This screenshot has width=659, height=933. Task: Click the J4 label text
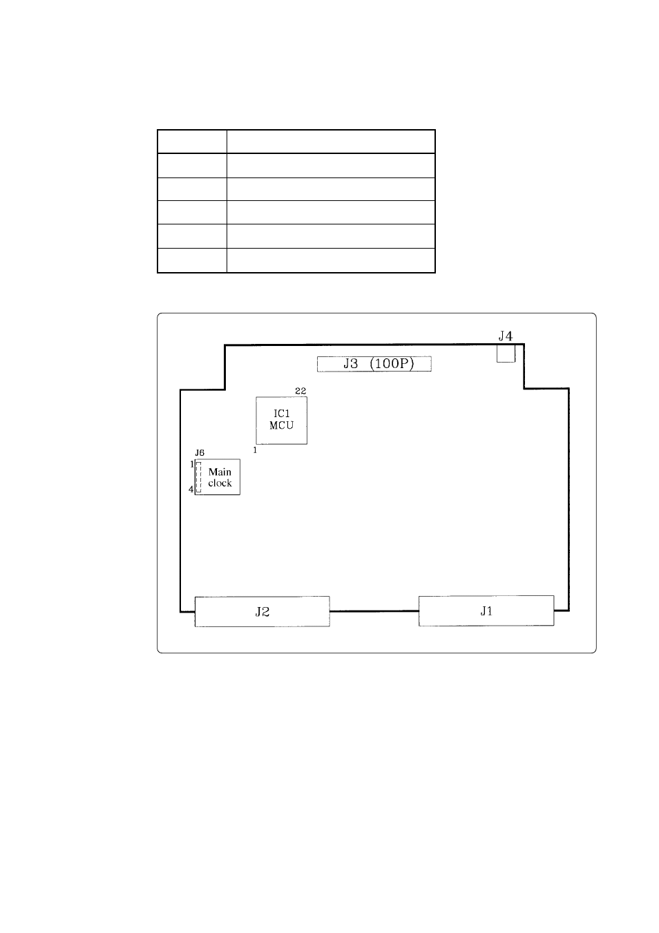(x=505, y=336)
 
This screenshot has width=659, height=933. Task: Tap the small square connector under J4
(x=506, y=353)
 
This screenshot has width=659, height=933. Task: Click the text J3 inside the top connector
(x=350, y=364)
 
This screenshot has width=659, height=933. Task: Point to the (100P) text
(x=392, y=364)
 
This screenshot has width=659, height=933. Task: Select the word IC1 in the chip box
(x=282, y=414)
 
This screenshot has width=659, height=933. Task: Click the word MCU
(x=282, y=425)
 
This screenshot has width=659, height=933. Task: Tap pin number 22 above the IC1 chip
(x=300, y=391)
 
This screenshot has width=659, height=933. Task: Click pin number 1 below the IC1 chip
(x=255, y=450)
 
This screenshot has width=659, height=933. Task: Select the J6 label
(x=200, y=453)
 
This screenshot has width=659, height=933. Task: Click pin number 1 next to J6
(x=192, y=464)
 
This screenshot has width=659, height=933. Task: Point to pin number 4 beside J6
(x=191, y=490)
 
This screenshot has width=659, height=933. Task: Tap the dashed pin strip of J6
(x=199, y=477)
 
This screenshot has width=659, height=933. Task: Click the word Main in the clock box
(x=220, y=472)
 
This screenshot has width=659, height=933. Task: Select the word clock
(x=220, y=483)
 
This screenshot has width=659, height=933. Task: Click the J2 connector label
(x=262, y=611)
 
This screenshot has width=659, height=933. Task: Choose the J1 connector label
(x=486, y=610)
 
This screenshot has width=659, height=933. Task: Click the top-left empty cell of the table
(x=192, y=142)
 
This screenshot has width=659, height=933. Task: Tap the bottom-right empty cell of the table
(x=331, y=261)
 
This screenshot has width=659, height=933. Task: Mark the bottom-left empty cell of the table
(x=192, y=261)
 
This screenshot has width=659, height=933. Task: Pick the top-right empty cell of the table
(x=331, y=142)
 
